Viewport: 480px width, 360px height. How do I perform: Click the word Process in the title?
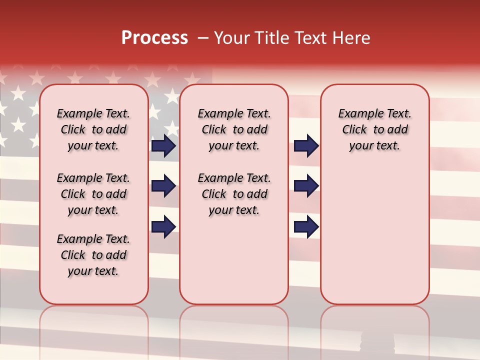pyautogui.click(x=154, y=38)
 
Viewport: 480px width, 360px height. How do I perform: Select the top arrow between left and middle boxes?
pyautogui.click(x=163, y=145)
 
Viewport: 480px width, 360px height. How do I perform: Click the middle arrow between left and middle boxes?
pyautogui.click(x=163, y=186)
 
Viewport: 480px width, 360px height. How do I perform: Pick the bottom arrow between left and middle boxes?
pyautogui.click(x=163, y=226)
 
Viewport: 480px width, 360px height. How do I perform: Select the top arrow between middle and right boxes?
pyautogui.click(x=306, y=145)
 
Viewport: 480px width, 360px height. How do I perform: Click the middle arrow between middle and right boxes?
pyautogui.click(x=306, y=186)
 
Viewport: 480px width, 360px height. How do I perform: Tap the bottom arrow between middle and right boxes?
pyautogui.click(x=306, y=226)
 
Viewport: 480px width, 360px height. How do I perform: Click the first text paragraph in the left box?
pyautogui.click(x=93, y=129)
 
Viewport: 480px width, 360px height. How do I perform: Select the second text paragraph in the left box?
pyautogui.click(x=93, y=194)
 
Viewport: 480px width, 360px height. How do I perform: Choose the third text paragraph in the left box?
pyautogui.click(x=93, y=255)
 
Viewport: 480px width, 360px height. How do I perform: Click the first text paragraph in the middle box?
pyautogui.click(x=234, y=129)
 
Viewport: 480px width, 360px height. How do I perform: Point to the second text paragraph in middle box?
pyautogui.click(x=234, y=194)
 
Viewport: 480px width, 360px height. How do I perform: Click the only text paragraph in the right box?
pyautogui.click(x=374, y=129)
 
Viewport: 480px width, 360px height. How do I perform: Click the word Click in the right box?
pyautogui.click(x=354, y=130)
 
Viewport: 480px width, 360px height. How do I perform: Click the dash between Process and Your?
pyautogui.click(x=203, y=38)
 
